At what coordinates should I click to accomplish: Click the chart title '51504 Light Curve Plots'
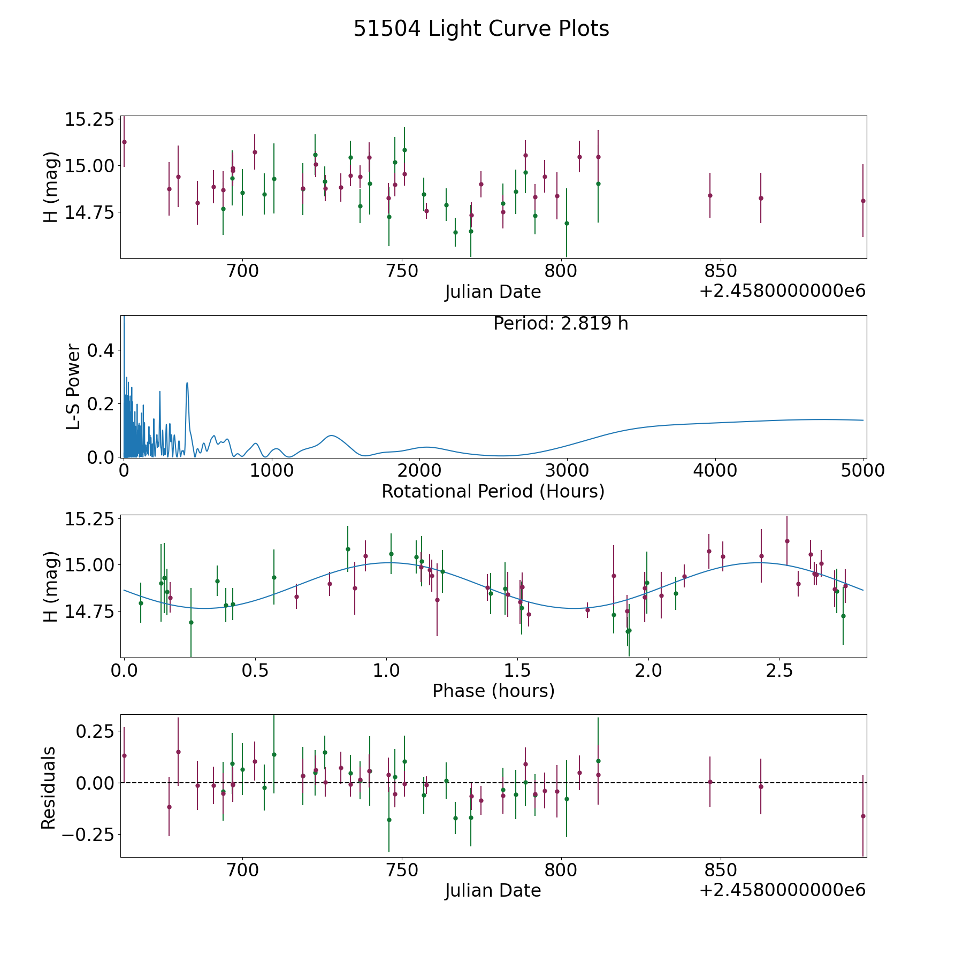481,29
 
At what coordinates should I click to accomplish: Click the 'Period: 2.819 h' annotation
561,324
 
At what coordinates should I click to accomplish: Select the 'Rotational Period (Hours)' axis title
493,491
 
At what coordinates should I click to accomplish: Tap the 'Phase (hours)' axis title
493,691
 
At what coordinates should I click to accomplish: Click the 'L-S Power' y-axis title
74,387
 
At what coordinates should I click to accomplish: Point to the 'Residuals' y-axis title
49,788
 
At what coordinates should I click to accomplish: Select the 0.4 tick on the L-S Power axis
101,350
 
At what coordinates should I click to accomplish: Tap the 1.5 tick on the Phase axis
517,670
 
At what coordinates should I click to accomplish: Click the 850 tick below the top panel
720,271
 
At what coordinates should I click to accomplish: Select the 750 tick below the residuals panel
402,870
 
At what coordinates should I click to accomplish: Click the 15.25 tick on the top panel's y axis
89,119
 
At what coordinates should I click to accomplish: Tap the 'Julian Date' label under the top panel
493,292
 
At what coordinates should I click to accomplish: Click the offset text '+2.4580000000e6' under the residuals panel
782,890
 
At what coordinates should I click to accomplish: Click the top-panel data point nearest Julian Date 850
710,195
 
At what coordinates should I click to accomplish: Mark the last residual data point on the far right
863,816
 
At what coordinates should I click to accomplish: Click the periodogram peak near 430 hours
187,383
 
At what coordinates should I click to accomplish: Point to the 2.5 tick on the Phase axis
779,670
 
